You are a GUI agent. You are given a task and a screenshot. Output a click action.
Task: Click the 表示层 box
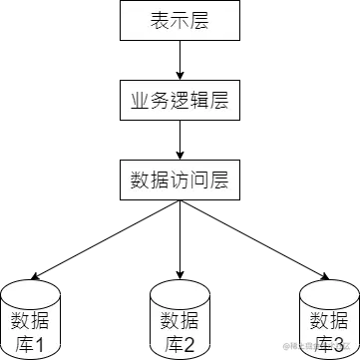pyautogui.click(x=180, y=19)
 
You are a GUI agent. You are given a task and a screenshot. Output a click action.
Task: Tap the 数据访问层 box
pyautogui.click(x=180, y=180)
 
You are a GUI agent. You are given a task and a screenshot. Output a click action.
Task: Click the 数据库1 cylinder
pyautogui.click(x=32, y=321)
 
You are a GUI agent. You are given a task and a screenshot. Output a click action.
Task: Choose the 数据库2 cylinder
pyautogui.click(x=180, y=321)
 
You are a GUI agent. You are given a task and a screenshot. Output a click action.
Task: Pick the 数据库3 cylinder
pyautogui.click(x=329, y=321)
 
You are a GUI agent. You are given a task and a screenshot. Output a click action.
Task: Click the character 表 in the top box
pyautogui.click(x=157, y=19)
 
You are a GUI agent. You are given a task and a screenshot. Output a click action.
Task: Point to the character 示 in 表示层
pyautogui.click(x=180, y=19)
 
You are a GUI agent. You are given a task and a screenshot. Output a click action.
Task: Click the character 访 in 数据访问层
pyautogui.click(x=180, y=180)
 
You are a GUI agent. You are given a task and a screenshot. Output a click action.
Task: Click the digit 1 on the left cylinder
pyautogui.click(x=42, y=345)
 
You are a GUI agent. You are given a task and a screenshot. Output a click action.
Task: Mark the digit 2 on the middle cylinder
pyautogui.click(x=191, y=345)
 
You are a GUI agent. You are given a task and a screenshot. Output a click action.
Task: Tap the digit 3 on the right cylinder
pyautogui.click(x=340, y=345)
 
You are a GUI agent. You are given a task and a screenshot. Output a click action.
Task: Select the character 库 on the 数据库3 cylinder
pyautogui.click(x=319, y=345)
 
